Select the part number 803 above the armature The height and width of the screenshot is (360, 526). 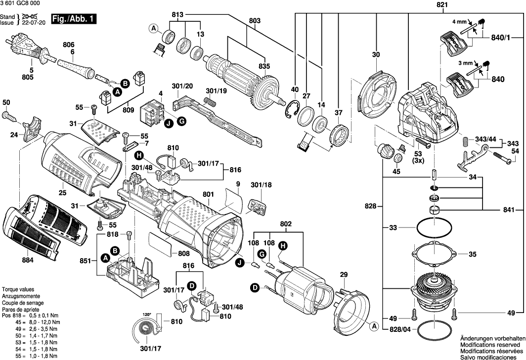(254, 21)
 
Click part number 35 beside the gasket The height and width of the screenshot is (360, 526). (472, 255)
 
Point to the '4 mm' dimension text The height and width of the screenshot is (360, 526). (459, 22)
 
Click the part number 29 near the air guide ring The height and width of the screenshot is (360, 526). (344, 274)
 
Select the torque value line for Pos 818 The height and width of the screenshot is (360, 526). (30, 315)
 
